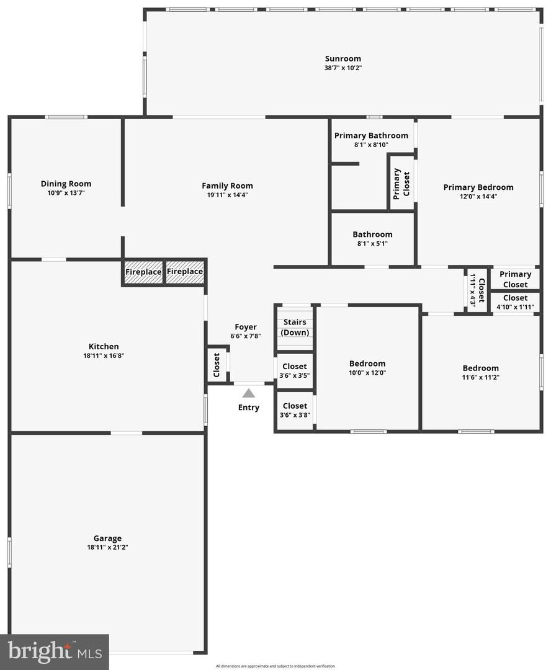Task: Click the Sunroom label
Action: pos(343,59)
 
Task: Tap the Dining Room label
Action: pos(66,184)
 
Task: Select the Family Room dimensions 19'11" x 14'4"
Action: pos(227,195)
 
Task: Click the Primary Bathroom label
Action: pos(371,136)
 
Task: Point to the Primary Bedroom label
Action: pos(478,187)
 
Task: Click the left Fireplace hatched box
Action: pos(143,272)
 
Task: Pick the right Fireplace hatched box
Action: pos(185,272)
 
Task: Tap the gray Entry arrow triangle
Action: pos(248,393)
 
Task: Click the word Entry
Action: pos(248,408)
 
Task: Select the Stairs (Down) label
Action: pos(295,327)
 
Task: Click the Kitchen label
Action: pos(103,347)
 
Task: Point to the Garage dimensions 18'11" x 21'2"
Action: pos(107,547)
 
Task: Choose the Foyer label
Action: pos(245,328)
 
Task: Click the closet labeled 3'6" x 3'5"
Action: pos(295,370)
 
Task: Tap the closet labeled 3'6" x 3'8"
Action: pos(295,410)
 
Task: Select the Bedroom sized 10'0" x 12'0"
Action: pos(367,368)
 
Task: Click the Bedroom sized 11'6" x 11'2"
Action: pos(480,372)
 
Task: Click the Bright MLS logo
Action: pos(54,651)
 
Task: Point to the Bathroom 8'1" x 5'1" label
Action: pos(372,238)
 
